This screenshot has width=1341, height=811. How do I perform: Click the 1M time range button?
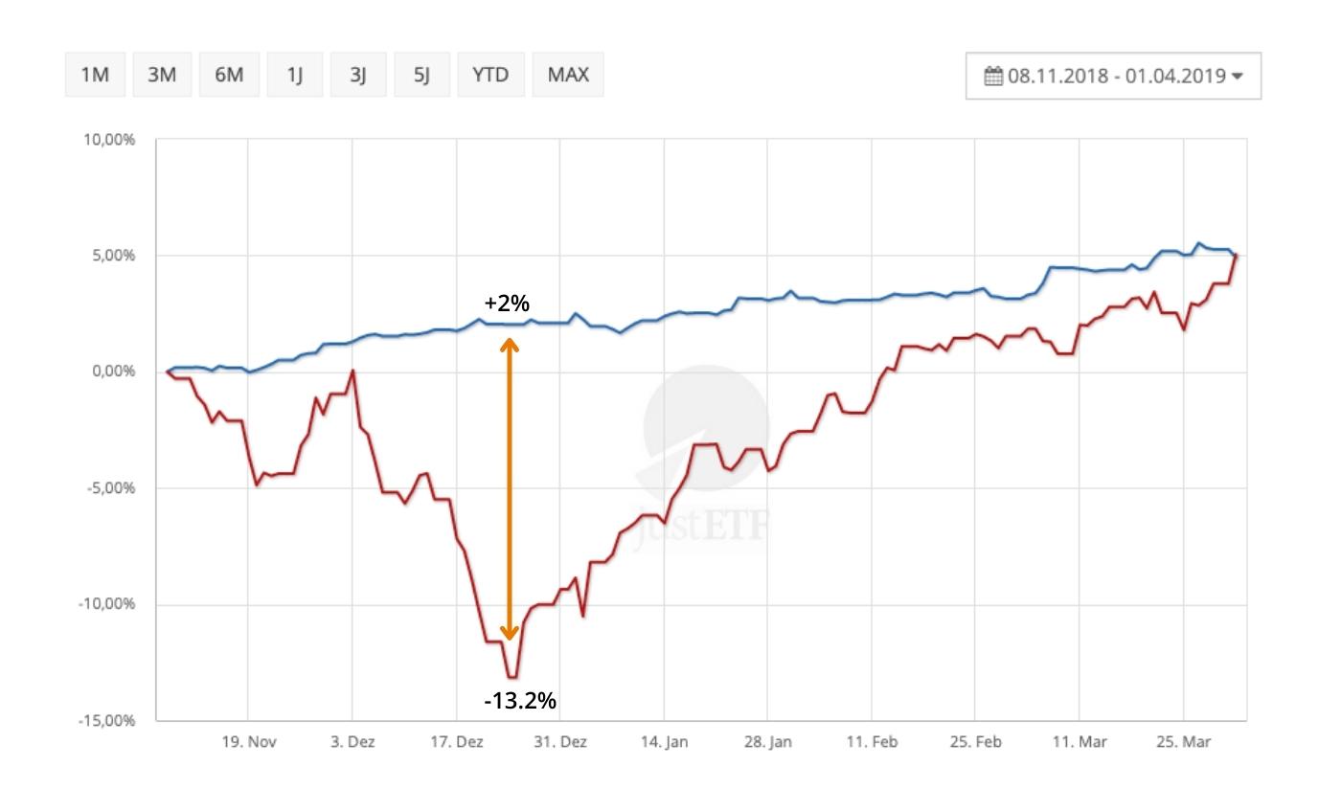95,75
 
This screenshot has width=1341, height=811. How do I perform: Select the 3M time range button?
162,75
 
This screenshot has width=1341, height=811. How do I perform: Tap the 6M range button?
229,75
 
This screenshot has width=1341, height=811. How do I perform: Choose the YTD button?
490,75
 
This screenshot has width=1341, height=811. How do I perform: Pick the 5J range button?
422,75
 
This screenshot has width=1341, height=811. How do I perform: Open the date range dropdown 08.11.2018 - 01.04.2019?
1114,76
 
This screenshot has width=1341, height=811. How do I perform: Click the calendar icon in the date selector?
993,76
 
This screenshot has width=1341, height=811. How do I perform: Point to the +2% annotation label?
507,304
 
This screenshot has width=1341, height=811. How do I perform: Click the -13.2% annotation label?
520,701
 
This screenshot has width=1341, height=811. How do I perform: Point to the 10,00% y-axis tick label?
110,140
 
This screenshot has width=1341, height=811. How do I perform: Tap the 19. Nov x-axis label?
249,742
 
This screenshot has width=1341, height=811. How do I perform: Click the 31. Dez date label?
560,742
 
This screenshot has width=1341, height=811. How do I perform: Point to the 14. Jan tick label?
665,742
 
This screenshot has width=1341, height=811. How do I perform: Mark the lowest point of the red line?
512,677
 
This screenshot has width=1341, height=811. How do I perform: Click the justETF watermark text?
705,524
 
